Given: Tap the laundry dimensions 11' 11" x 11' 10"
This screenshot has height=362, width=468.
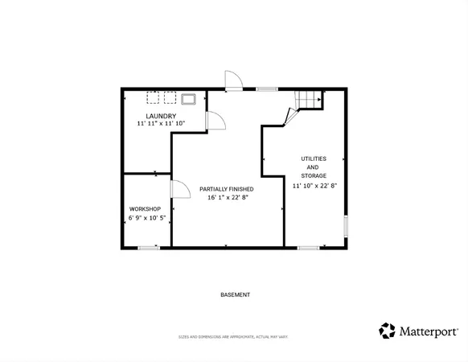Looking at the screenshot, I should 161,124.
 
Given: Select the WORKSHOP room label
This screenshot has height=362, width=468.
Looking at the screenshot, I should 145,208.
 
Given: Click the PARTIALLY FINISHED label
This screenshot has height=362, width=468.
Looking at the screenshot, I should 228,188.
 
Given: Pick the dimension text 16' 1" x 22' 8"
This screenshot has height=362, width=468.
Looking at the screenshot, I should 228,197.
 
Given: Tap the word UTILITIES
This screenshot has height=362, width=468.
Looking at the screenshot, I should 314,158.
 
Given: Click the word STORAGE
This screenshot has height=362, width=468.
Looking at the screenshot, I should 314,175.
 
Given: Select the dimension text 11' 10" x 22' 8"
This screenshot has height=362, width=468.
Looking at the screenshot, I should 314,186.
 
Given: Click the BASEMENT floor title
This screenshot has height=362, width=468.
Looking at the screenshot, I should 235,294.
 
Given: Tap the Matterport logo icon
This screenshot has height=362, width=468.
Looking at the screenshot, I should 387,331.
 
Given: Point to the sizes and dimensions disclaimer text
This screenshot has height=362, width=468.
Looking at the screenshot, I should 234,336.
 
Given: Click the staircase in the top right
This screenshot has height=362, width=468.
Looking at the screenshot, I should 309,99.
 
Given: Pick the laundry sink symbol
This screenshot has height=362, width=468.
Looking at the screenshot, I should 190,99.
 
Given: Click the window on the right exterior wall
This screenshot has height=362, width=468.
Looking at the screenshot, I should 346,226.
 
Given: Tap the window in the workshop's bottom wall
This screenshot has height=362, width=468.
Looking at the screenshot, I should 148,248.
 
